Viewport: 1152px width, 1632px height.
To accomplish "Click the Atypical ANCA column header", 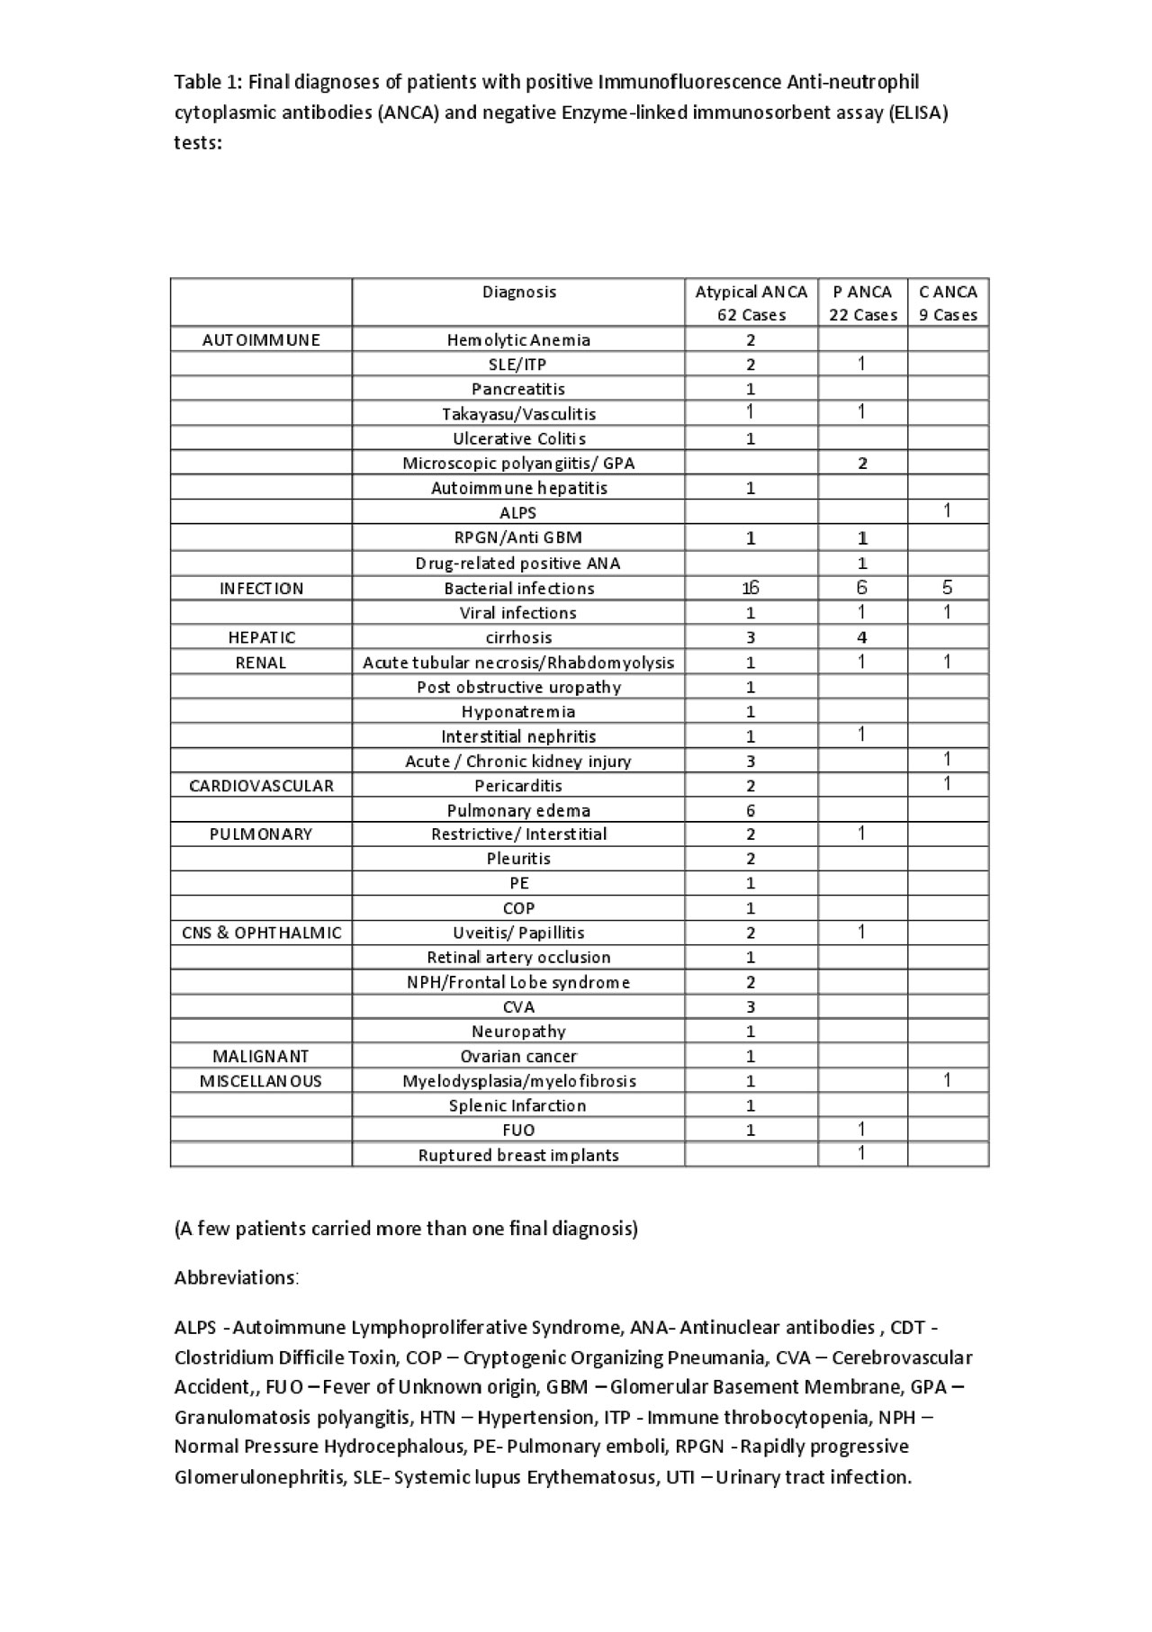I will [x=751, y=302].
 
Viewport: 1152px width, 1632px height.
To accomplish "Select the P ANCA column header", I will [x=862, y=302].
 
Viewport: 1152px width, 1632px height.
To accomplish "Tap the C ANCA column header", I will [x=948, y=302].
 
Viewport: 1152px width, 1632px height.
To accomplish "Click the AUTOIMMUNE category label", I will [x=261, y=339].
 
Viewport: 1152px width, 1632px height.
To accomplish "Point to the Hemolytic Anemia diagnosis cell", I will [x=518, y=339].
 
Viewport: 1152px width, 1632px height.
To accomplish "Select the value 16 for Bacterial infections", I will [x=751, y=588].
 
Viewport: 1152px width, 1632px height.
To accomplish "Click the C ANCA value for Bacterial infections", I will [x=947, y=588].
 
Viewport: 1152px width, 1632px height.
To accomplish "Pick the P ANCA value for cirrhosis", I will [x=862, y=637].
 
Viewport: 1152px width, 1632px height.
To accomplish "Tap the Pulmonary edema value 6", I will [x=751, y=810].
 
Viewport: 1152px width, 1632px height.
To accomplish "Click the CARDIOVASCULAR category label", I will [x=261, y=786].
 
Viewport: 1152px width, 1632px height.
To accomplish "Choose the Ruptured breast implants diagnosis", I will [x=518, y=1155].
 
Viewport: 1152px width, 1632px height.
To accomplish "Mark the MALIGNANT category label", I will [x=261, y=1056].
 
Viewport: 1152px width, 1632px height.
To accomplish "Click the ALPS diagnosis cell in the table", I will [x=518, y=513].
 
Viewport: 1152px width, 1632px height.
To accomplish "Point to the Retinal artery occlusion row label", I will [x=518, y=957].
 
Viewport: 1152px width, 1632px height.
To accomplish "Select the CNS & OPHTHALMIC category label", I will [x=261, y=933].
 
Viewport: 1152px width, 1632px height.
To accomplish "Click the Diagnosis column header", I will [x=518, y=292].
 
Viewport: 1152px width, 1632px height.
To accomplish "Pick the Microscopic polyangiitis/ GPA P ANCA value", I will [x=862, y=464].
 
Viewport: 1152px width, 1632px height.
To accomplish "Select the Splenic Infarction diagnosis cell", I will [x=518, y=1105].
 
